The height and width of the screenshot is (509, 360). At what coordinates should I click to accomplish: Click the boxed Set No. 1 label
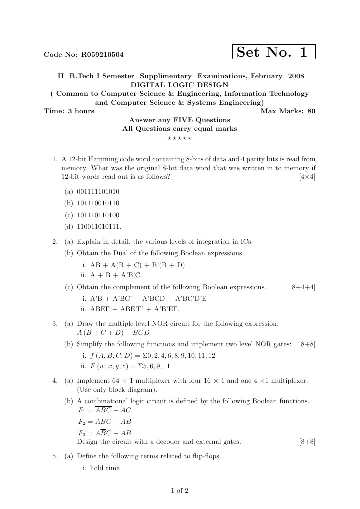[274, 52]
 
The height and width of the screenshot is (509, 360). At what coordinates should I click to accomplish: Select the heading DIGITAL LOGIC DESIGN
[179, 85]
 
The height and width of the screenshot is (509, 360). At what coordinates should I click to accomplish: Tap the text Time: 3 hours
[69, 111]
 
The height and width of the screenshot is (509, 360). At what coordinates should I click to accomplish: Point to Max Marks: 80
[288, 111]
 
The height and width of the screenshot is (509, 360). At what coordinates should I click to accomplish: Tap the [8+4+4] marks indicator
[302, 287]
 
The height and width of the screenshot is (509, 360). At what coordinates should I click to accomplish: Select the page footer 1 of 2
[180, 490]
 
